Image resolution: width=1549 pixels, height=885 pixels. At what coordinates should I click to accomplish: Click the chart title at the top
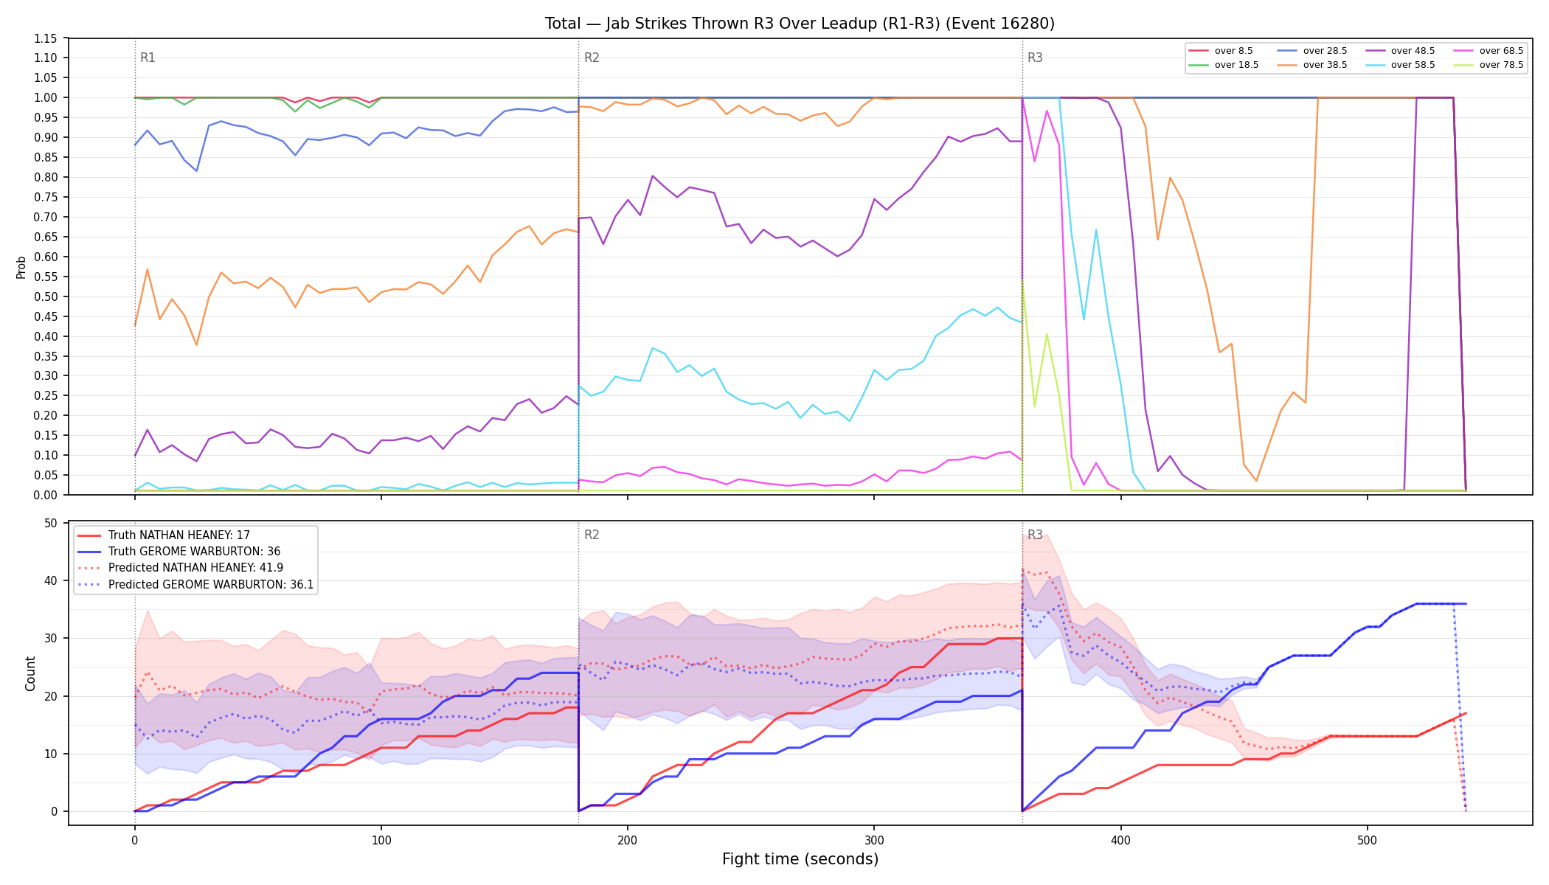tap(800, 24)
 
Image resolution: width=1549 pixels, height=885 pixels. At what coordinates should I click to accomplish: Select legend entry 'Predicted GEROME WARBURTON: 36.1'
tap(196, 585)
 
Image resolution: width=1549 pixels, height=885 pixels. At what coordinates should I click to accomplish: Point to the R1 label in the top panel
tap(148, 58)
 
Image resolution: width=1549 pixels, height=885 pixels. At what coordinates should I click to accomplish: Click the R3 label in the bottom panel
tap(1035, 535)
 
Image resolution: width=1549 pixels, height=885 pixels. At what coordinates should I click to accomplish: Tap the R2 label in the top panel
tap(592, 58)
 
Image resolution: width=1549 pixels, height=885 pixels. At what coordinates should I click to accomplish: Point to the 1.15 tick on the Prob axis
tap(46, 38)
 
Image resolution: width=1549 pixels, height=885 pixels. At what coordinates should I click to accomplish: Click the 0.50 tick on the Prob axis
tap(46, 296)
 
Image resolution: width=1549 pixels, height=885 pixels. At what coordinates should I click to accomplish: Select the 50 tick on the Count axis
tap(51, 524)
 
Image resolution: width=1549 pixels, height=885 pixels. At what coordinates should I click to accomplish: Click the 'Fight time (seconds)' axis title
tap(800, 859)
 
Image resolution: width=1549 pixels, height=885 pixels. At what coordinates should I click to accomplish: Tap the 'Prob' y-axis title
tap(21, 267)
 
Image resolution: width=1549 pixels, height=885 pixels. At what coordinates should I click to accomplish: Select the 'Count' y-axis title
tap(30, 673)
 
